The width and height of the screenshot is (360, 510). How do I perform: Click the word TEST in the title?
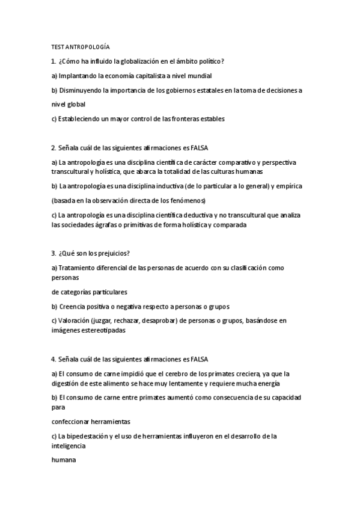coord(58,47)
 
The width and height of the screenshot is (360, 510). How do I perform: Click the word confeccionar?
coord(75,421)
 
